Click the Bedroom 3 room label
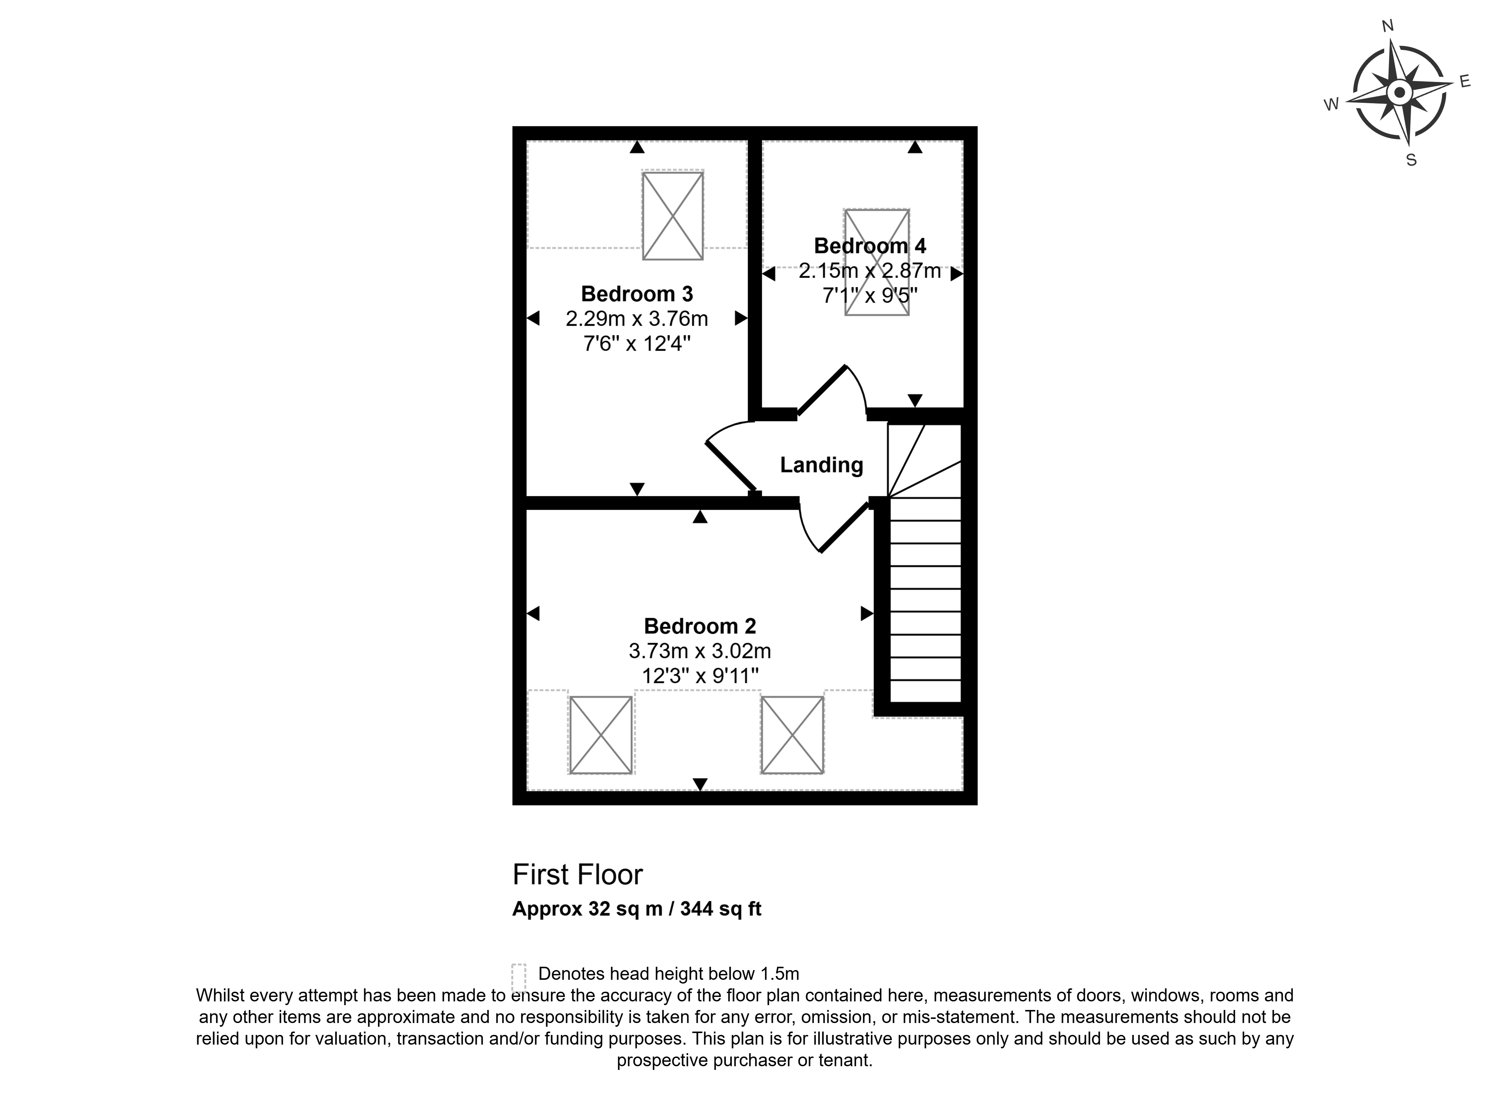[637, 294]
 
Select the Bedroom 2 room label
[700, 626]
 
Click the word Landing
[821, 465]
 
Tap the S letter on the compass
[1411, 160]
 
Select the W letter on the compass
[1331, 104]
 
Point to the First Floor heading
[577, 875]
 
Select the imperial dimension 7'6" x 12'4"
[637, 344]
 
